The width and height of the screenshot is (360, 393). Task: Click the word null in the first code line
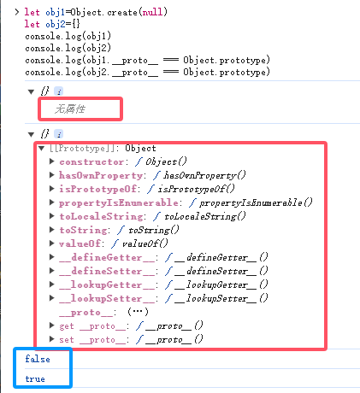coord(152,12)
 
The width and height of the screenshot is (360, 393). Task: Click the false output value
coord(38,359)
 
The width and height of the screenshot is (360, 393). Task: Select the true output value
coord(35,378)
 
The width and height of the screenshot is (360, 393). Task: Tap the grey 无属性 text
coord(70,109)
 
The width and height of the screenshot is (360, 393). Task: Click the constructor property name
coord(91,161)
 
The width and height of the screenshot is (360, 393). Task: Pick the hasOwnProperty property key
coord(101,175)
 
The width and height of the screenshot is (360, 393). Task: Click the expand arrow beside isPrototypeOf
coord(51,189)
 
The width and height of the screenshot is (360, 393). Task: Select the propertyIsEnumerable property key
coord(119,202)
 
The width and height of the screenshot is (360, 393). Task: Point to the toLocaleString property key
coord(101,216)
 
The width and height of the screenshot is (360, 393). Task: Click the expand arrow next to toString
coord(51,230)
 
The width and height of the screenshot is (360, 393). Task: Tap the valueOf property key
coord(80,243)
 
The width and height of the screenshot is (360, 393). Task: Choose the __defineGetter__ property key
coord(107,257)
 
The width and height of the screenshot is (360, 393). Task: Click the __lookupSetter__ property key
coord(107,298)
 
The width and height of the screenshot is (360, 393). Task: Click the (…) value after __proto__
coord(138,312)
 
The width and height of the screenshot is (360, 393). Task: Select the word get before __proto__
coord(67,326)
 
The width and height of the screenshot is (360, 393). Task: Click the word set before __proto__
coord(67,339)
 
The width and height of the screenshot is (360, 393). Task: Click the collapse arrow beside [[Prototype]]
coord(42,148)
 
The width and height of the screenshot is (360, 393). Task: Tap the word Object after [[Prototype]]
coord(140,148)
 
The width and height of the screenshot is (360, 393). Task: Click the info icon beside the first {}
coord(59,91)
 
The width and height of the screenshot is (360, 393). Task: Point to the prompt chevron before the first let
coord(17,12)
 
